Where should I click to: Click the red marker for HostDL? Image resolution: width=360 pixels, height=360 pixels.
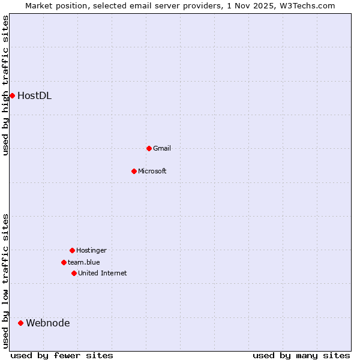point(12,95)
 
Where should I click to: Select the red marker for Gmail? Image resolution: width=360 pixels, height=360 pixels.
point(149,148)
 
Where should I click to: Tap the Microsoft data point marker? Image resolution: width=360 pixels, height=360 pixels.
point(134,171)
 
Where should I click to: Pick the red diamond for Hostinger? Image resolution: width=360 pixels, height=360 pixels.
point(72,250)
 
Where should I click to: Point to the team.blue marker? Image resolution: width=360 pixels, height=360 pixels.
point(64,262)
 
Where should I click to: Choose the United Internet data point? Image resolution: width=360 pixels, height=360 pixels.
point(74,273)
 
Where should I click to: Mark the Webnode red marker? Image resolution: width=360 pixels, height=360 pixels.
point(20,323)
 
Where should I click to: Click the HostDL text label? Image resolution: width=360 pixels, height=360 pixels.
point(34,95)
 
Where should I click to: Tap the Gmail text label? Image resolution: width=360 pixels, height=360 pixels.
point(162,148)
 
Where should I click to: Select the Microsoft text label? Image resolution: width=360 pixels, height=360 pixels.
point(152,171)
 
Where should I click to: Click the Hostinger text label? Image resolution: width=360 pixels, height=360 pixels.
point(91,250)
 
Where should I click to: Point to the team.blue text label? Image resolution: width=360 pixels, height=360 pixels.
point(84,262)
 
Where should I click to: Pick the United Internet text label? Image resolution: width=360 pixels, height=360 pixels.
point(103,273)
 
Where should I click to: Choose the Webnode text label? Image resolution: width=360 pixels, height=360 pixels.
point(47,323)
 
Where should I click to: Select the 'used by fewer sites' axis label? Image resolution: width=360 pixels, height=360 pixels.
point(62,355)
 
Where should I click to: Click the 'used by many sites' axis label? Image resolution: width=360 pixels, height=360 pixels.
point(301,355)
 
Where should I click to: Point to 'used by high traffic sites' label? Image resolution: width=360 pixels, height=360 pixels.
point(5,86)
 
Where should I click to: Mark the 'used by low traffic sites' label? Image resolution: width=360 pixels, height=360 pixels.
point(5,281)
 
